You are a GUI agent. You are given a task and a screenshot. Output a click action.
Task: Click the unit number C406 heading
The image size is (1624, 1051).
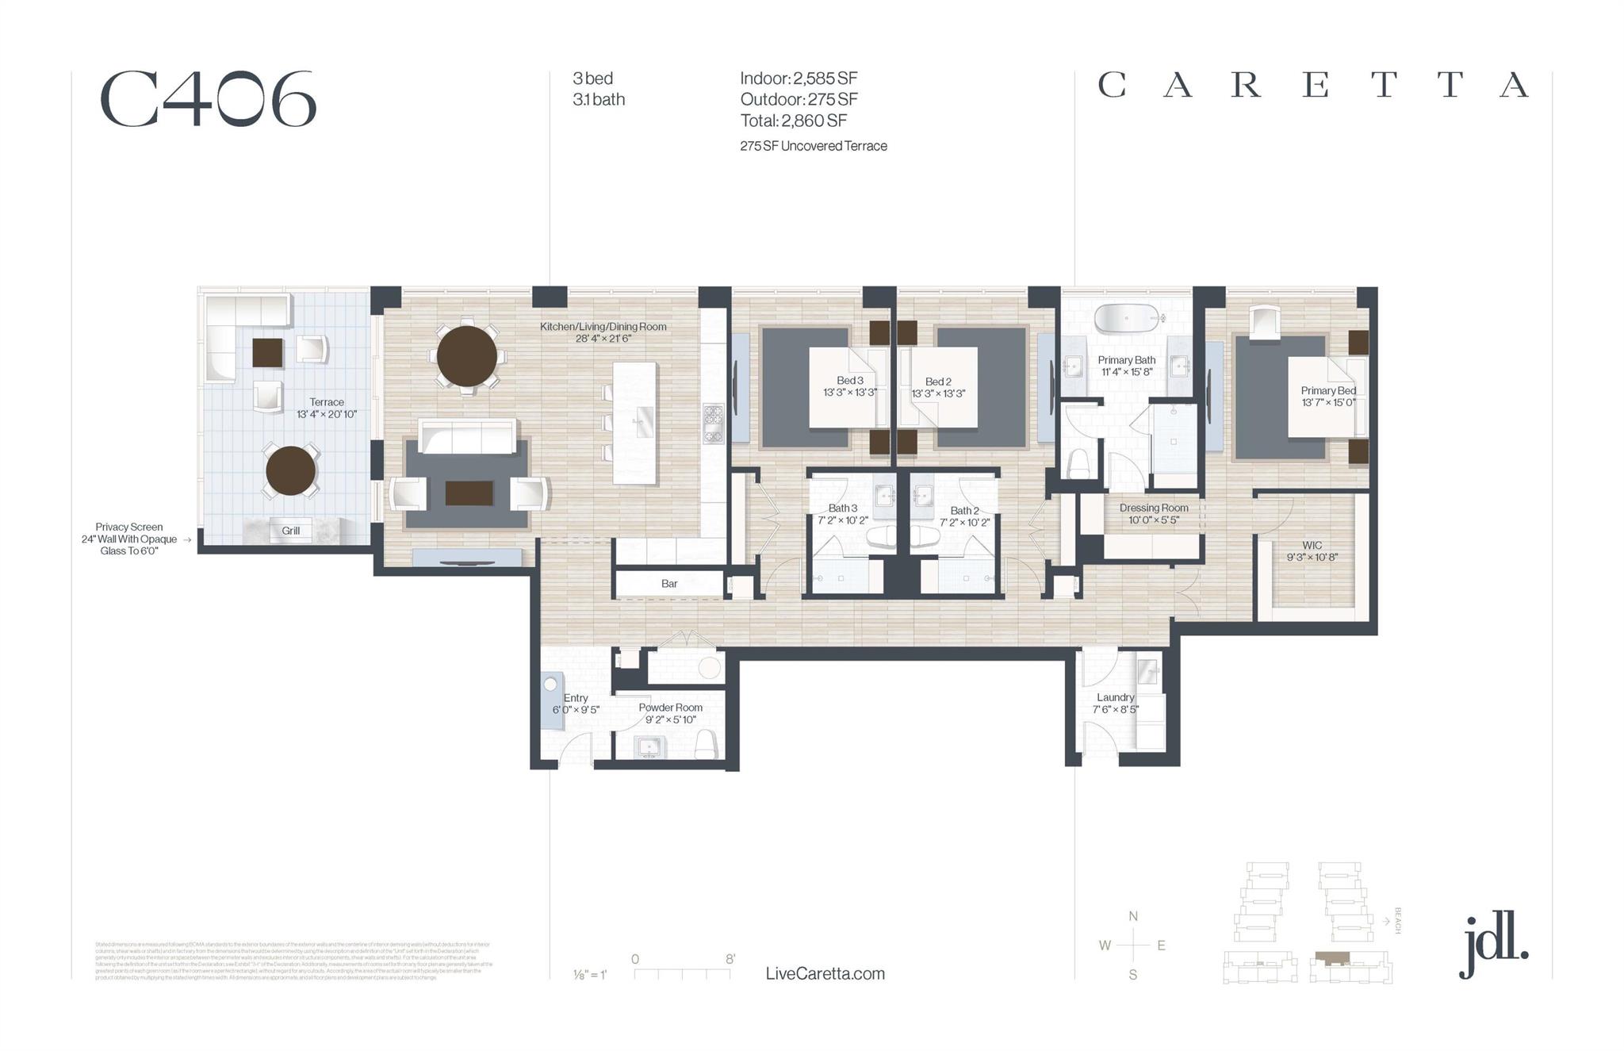(x=208, y=99)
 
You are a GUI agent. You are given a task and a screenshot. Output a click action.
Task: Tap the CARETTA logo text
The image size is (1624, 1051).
(x=1312, y=85)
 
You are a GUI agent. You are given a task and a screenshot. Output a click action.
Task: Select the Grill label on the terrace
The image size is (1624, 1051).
(x=290, y=531)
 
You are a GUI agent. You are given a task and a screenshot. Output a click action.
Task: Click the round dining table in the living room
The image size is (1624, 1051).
(x=466, y=356)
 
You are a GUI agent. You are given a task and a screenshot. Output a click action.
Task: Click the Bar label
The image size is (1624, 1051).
(x=669, y=584)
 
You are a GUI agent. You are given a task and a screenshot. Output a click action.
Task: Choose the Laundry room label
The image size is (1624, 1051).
(x=1115, y=697)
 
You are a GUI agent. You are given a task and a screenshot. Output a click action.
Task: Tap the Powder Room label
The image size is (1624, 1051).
(x=670, y=708)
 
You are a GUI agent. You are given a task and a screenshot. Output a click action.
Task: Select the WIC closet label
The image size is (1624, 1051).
(x=1312, y=546)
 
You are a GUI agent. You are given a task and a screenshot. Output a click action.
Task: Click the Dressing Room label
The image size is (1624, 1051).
(x=1154, y=508)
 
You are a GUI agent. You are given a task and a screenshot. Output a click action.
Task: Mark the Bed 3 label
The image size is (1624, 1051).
(x=849, y=381)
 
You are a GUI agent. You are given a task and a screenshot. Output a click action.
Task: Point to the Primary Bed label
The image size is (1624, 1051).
(x=1328, y=390)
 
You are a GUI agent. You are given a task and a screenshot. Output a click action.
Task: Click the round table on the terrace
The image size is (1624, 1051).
(x=290, y=470)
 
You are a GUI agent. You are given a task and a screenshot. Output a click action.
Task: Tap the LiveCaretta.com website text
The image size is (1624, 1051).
(x=825, y=973)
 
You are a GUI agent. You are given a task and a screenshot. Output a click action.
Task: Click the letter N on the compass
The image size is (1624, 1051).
(x=1133, y=916)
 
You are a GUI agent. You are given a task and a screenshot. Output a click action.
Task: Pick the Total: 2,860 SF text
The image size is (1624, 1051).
(x=793, y=121)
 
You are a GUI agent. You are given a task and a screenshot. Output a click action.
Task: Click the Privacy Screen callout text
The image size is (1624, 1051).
(x=129, y=539)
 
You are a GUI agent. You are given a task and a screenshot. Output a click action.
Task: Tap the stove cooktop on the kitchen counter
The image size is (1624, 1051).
(x=713, y=423)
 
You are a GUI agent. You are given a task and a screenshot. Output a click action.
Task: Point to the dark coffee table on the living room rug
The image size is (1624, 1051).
(x=469, y=493)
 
